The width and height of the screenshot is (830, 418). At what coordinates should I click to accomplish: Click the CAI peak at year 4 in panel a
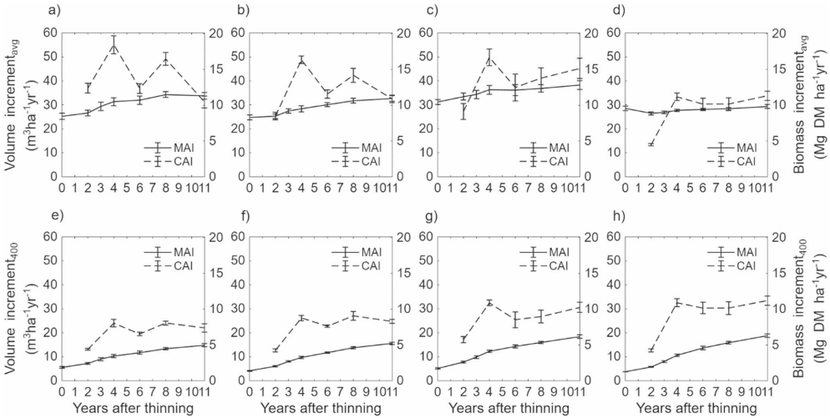(114, 46)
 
